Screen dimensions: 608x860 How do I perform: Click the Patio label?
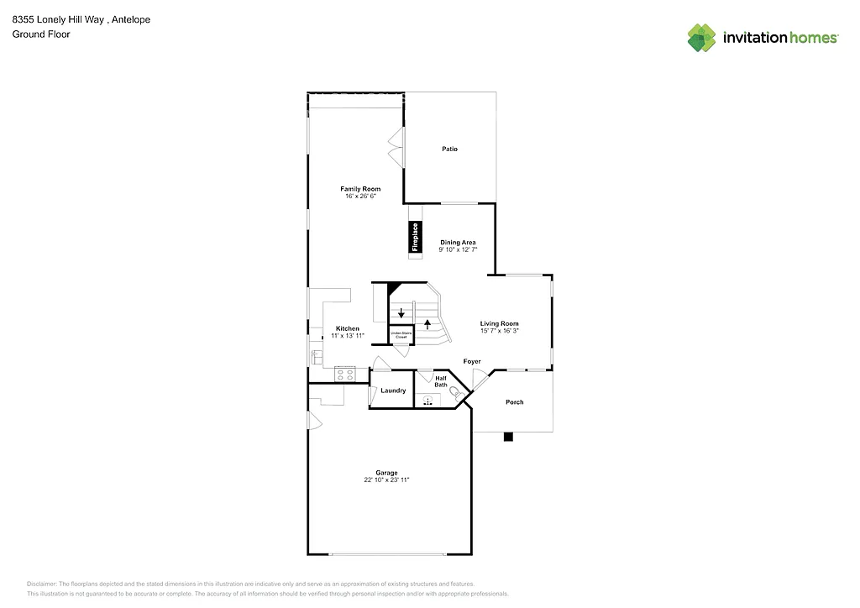(449, 149)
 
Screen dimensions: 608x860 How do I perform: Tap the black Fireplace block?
(414, 237)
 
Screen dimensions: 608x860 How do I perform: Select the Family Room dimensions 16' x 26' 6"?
(360, 196)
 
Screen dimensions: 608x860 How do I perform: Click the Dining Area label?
(458, 242)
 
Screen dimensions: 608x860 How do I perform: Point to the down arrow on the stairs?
(401, 313)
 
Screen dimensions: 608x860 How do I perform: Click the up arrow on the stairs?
(427, 321)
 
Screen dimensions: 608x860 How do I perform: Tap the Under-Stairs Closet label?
(401, 334)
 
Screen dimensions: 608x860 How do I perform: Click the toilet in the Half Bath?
(456, 392)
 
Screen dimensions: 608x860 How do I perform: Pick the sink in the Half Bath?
(428, 401)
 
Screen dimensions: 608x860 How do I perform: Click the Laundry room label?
(393, 390)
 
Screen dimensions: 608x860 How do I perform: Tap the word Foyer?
(472, 361)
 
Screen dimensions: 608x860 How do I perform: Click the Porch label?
(514, 402)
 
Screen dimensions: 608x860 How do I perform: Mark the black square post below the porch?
(507, 437)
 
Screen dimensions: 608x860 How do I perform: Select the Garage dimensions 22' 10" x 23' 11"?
(387, 480)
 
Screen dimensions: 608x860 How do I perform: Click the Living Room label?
(499, 323)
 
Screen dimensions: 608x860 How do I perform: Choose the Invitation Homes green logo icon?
(702, 38)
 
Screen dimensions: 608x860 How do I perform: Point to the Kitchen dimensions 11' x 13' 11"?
(348, 335)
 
